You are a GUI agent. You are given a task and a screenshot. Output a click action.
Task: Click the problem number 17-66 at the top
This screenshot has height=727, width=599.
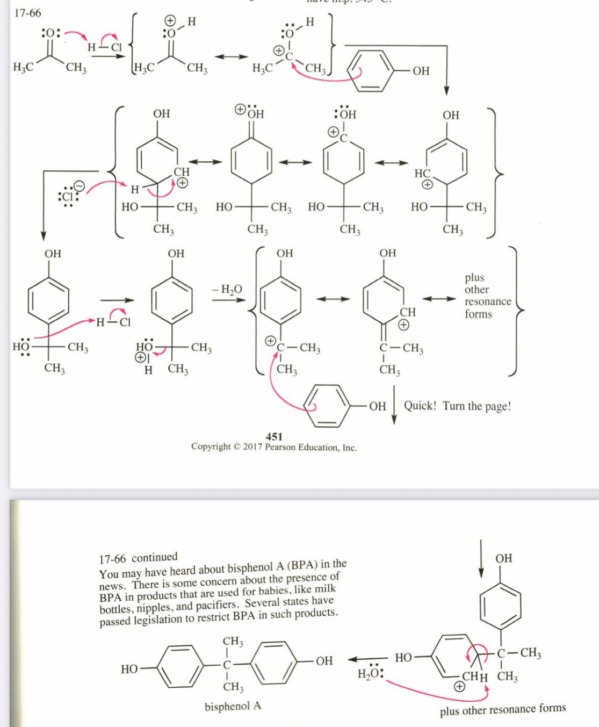coord(27,12)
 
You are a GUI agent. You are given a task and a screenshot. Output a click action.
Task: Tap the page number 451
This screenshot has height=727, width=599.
coord(274,436)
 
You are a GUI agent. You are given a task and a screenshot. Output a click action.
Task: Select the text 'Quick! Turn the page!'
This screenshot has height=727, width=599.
coord(457,406)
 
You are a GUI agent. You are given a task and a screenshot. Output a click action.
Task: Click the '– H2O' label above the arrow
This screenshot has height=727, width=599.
coord(227,290)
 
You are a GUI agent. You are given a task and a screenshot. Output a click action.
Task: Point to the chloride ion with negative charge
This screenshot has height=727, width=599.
coord(68,195)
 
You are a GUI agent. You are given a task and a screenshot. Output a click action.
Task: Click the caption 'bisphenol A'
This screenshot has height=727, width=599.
coord(233,706)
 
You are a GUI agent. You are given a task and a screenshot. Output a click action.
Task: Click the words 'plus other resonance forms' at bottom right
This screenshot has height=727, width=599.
coord(502,710)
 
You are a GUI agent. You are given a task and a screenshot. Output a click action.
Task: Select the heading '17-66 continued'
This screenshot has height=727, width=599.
coord(138,558)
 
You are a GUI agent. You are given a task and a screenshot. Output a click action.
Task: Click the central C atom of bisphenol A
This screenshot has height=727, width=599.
coord(227,664)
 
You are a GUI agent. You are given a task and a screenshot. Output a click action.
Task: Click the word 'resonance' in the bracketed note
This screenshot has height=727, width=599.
coord(488,301)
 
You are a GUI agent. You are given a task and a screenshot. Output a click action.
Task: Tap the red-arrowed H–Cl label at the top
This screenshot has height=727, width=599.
coord(105,47)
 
